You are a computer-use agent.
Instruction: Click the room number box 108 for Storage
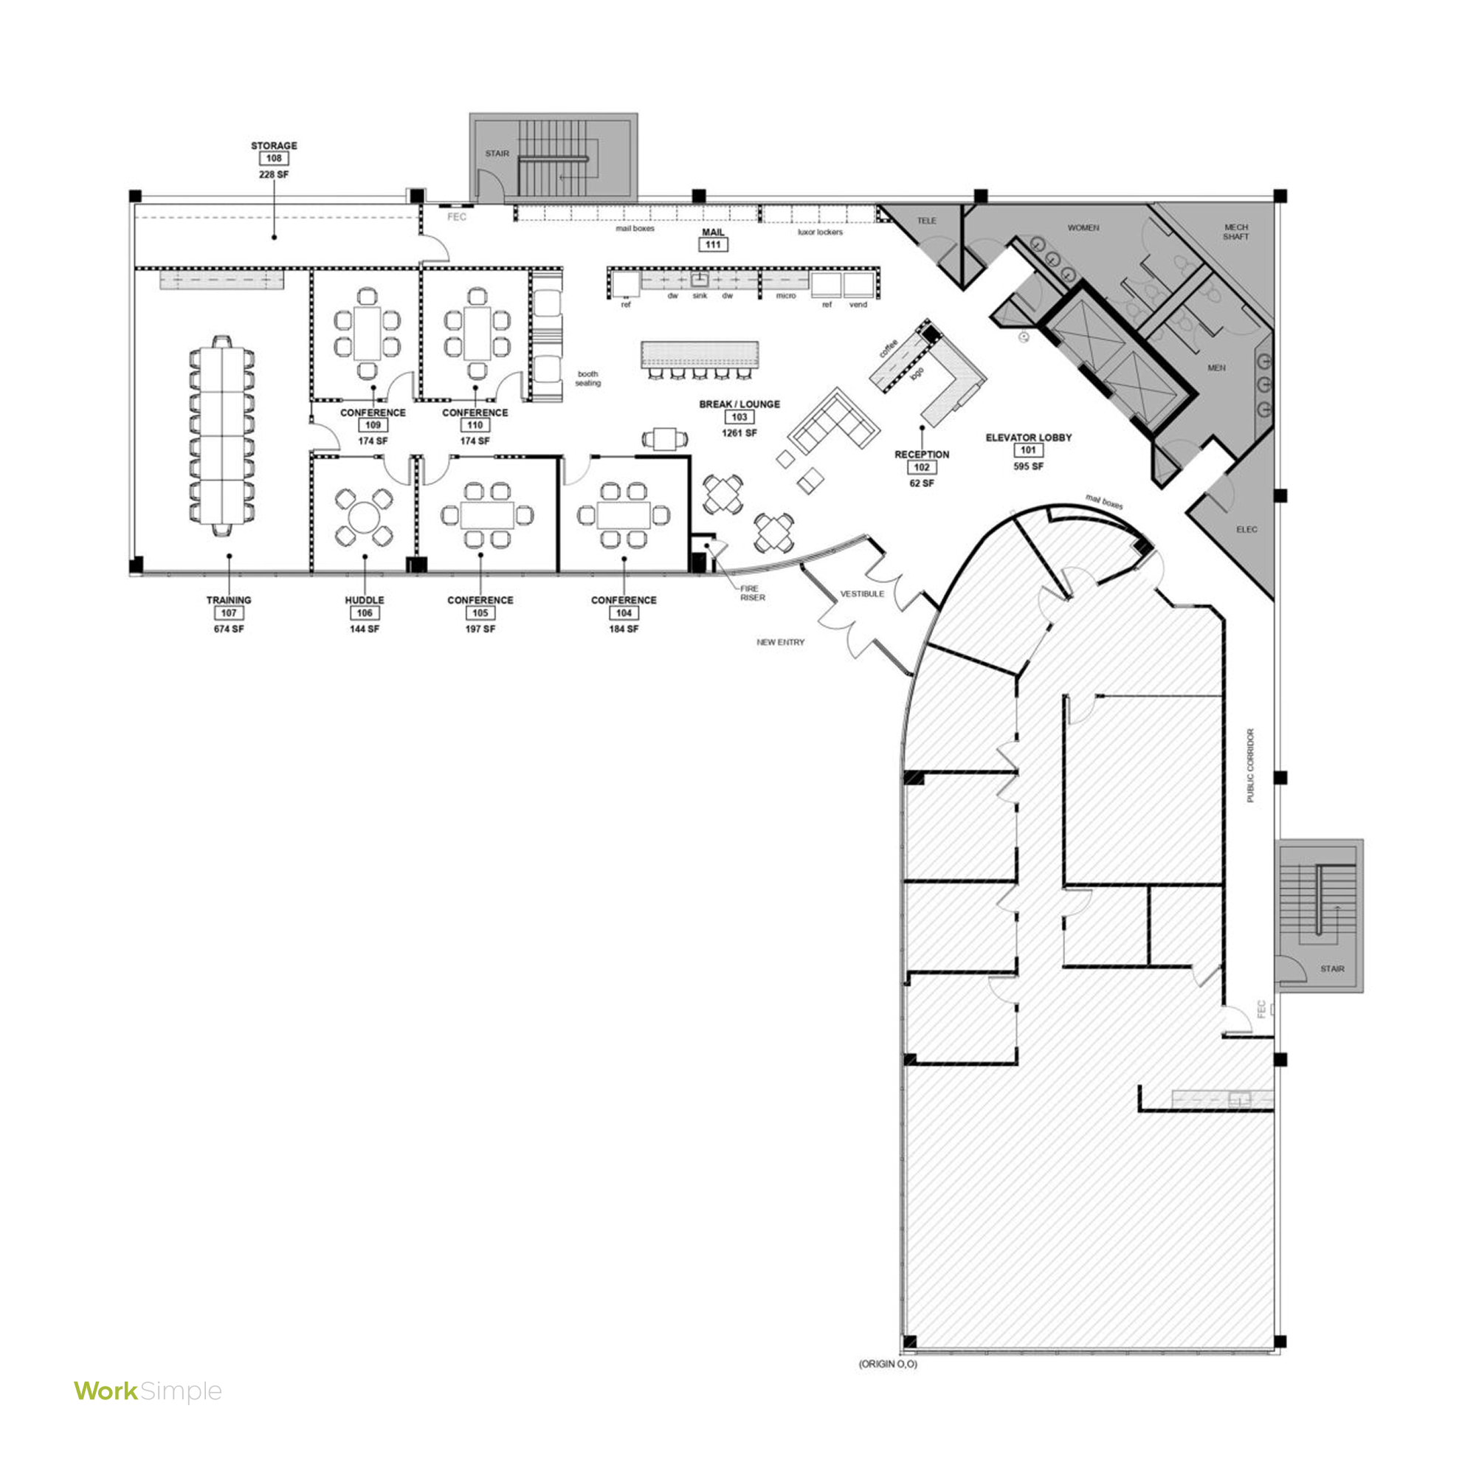274,159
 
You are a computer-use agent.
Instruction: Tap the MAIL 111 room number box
713,244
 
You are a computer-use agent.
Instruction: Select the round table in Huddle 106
365,518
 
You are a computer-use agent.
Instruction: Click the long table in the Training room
221,435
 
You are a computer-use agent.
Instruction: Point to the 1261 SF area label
739,433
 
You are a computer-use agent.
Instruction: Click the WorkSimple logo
148,1391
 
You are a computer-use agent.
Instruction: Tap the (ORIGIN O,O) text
888,1364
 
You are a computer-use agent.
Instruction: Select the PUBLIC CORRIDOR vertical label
1251,765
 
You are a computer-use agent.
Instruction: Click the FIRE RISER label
752,593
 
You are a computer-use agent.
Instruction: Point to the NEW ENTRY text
780,643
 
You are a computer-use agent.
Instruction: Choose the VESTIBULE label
862,593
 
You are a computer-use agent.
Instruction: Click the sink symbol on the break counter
700,280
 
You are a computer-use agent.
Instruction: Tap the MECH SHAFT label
1235,232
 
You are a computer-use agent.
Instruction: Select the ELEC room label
1246,529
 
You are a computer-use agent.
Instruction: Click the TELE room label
926,221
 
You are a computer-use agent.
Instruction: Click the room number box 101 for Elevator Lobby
1028,451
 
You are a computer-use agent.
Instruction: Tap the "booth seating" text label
587,378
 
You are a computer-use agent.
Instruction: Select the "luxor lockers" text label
820,232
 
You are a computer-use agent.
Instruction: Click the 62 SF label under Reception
921,483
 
